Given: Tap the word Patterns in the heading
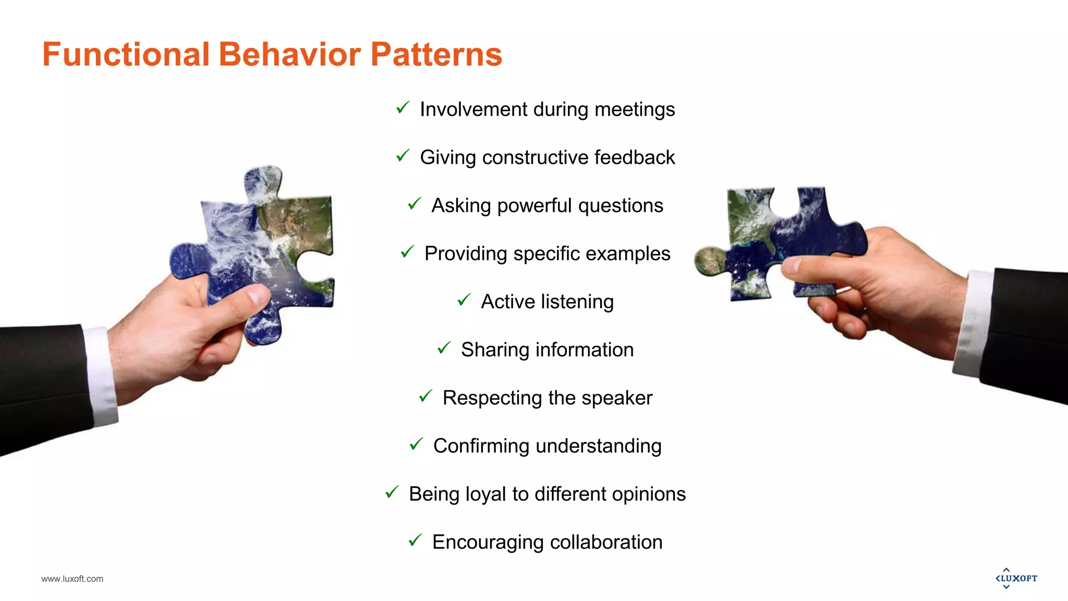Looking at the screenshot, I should click(x=436, y=54).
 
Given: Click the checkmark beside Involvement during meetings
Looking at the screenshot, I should click(x=403, y=108).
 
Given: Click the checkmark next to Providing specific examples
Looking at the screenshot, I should click(x=407, y=252).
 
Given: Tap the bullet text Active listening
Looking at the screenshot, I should click(x=547, y=302).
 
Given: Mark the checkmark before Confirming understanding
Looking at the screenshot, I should click(x=416, y=444).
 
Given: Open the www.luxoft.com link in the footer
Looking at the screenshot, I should click(x=72, y=579).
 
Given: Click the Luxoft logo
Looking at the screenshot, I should click(x=1016, y=578).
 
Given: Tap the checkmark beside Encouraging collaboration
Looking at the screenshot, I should click(x=415, y=540).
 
